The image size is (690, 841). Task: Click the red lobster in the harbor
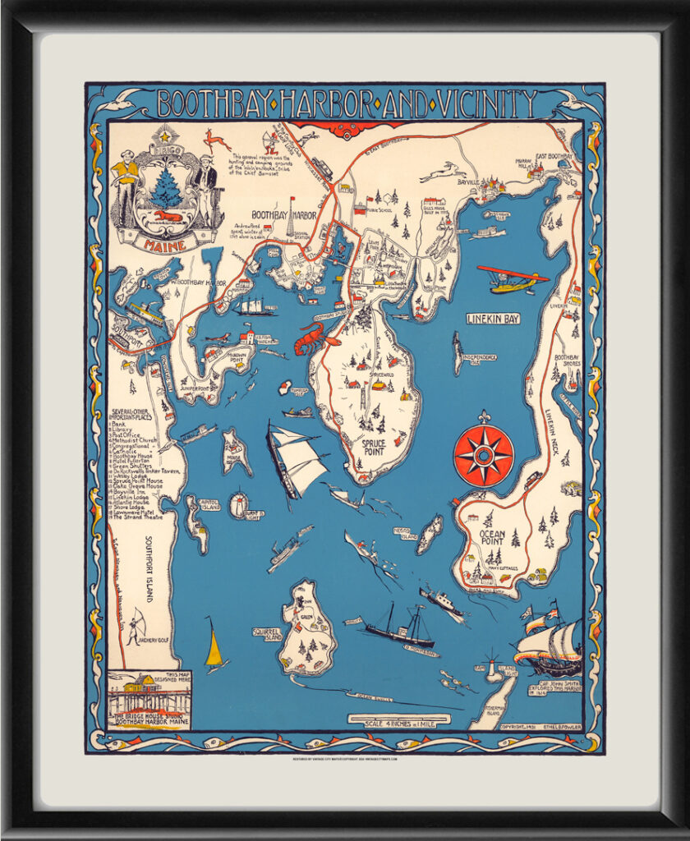click(x=316, y=337)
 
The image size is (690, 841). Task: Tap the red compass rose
click(x=483, y=454)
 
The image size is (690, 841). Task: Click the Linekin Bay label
click(x=493, y=319)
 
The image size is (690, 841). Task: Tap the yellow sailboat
click(x=214, y=648)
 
